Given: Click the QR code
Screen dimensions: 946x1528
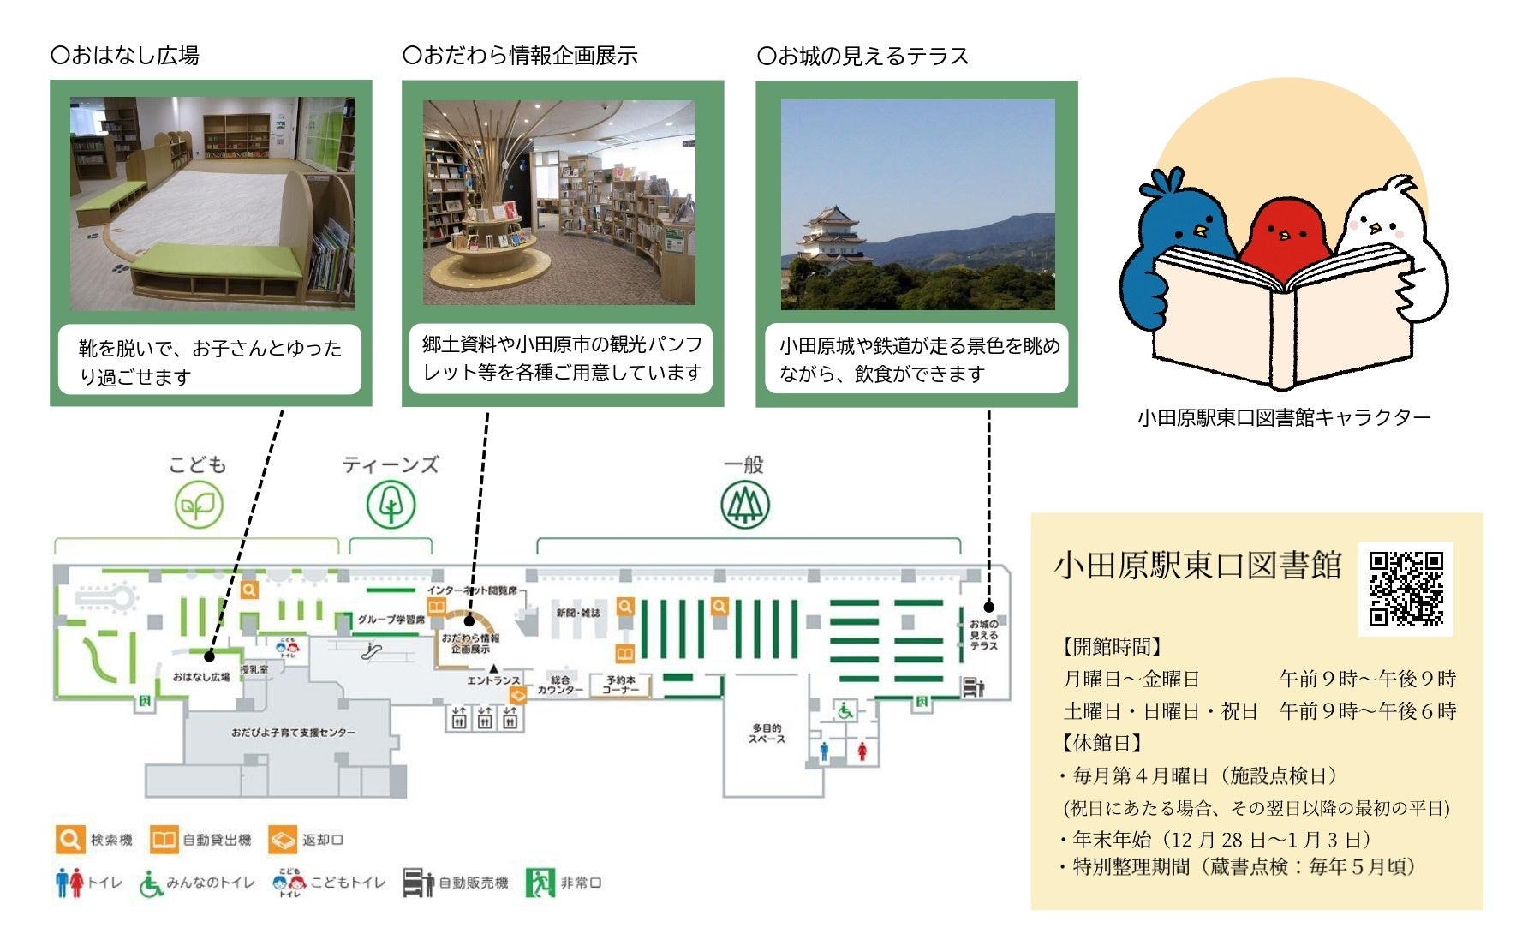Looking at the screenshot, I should tap(1406, 589).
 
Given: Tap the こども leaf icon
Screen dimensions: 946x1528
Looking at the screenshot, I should tap(199, 505).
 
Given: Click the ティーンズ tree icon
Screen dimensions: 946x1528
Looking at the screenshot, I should tap(391, 505).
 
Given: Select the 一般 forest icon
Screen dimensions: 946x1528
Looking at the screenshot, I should tap(744, 505).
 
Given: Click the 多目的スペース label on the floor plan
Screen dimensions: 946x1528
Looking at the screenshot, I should tap(766, 733).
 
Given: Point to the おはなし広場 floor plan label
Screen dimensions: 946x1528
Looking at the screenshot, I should tap(201, 677).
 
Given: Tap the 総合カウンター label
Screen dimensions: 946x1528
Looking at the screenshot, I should tap(560, 685).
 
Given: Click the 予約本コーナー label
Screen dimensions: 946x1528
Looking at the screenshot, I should tap(621, 685).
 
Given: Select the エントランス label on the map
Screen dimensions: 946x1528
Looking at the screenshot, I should tap(492, 680).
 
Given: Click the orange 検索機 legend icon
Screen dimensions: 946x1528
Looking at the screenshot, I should tap(69, 840).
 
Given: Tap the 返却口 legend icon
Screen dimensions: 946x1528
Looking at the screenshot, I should tap(282, 840).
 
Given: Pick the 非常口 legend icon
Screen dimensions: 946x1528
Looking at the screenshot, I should tap(540, 882).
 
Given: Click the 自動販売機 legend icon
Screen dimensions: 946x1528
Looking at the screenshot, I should tap(418, 883).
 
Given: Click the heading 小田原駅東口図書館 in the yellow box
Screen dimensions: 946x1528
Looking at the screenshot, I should tap(1197, 566).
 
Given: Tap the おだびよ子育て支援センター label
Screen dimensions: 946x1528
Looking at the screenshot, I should tap(293, 733).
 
